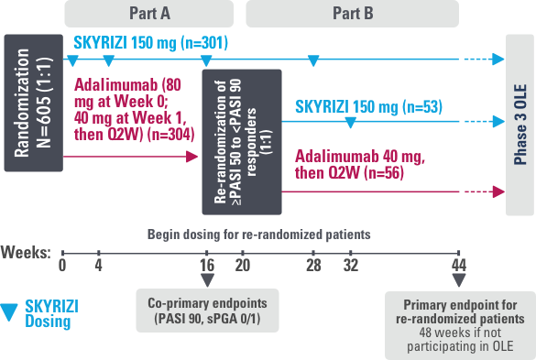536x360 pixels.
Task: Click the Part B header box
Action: coord(352,13)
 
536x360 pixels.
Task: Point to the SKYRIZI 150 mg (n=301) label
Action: coord(149,42)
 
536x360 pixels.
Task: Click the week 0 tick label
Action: coord(63,267)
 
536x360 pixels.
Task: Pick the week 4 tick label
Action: coord(98,267)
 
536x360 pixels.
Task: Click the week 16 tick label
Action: coord(207,267)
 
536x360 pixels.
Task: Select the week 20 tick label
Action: coord(243,267)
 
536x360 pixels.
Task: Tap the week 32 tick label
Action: coord(350,267)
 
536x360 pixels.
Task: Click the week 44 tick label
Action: coord(458,267)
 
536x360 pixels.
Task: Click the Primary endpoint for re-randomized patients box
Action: coord(457,323)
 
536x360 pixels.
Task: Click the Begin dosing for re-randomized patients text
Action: coord(259,235)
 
